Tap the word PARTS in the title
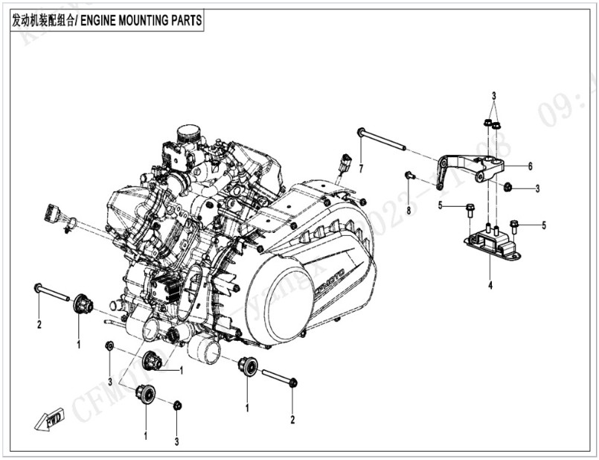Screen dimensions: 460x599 [185, 21]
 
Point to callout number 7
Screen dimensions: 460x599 [360, 170]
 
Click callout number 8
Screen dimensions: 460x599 [409, 211]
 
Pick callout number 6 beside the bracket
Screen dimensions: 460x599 [530, 166]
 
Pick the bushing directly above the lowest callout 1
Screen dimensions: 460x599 [144, 394]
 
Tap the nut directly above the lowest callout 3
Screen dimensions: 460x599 [177, 405]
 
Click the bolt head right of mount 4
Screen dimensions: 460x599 [514, 223]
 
